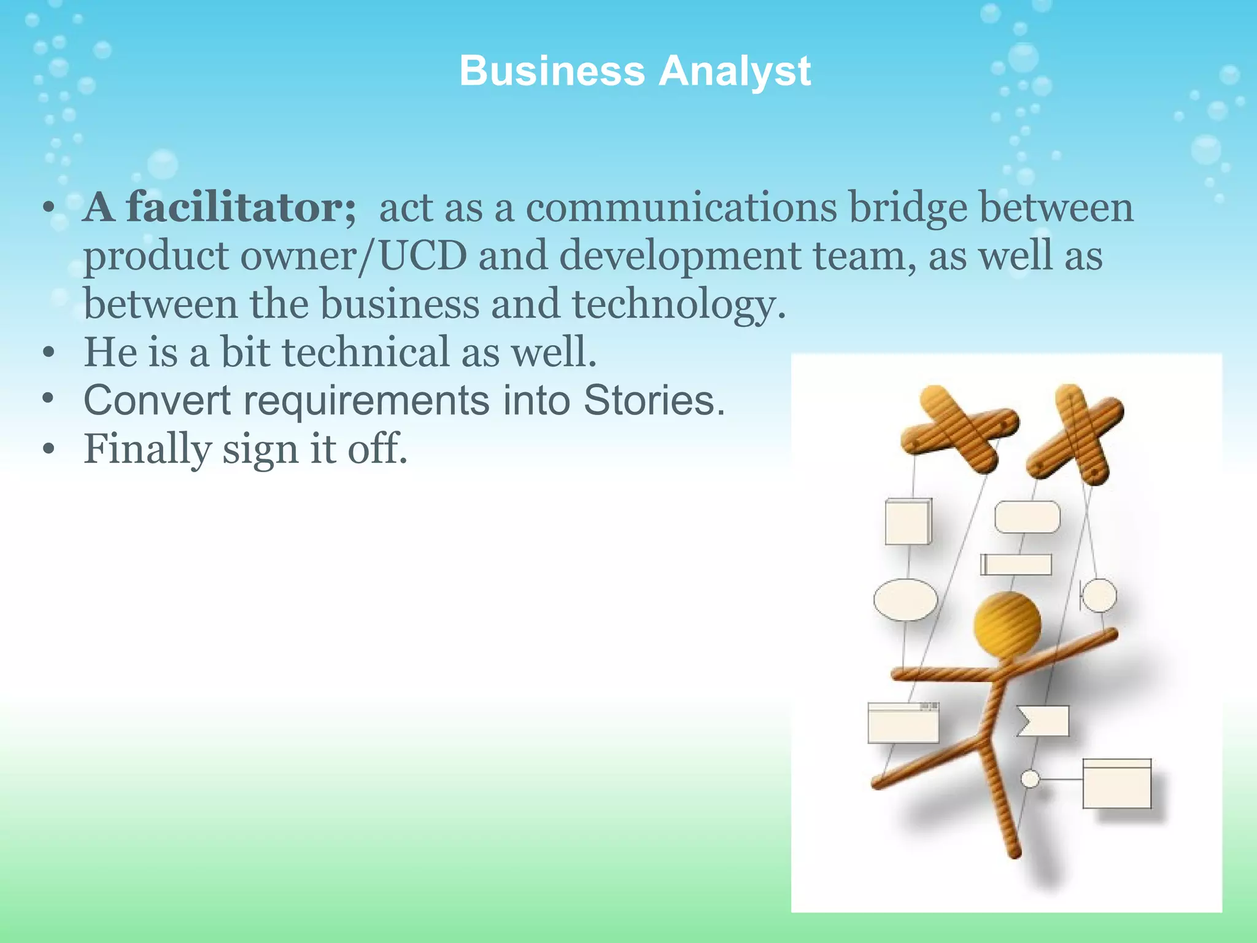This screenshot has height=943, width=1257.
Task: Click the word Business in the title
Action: [x=552, y=71]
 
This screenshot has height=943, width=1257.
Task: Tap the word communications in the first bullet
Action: [x=681, y=208]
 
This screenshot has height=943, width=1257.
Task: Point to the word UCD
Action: [x=424, y=255]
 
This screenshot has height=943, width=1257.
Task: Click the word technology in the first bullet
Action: [x=678, y=305]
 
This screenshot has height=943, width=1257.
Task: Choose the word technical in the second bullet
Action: [x=366, y=352]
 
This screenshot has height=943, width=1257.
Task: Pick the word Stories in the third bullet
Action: [x=654, y=400]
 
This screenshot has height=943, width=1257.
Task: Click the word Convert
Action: [x=157, y=400]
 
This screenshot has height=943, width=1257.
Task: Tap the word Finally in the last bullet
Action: [x=147, y=449]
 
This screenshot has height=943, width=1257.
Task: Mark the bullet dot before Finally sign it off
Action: [x=49, y=449]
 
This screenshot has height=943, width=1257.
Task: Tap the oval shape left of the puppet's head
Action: [x=905, y=599]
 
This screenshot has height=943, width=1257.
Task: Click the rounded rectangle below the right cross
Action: [x=1027, y=517]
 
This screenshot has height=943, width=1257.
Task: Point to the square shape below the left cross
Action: [x=908, y=522]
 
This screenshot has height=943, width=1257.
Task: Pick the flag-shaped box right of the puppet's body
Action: [x=1043, y=721]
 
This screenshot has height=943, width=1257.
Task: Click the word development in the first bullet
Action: [x=680, y=255]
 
